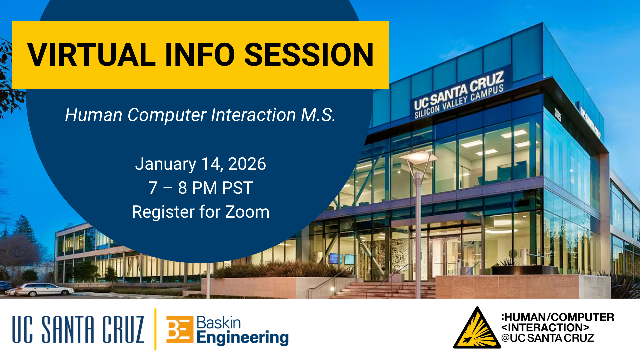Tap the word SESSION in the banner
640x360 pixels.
point(309,55)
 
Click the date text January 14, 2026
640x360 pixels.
point(200,164)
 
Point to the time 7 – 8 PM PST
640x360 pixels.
point(200,188)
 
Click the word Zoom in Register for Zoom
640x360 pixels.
point(247,212)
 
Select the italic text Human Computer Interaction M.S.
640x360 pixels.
point(200,115)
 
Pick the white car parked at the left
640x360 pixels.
point(43,289)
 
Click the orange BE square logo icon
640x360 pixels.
point(180,329)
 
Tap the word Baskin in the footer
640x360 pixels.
point(219,323)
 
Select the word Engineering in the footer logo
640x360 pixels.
point(242,338)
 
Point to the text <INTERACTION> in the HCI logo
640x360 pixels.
point(545,327)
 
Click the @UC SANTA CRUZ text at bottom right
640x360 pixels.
point(547,338)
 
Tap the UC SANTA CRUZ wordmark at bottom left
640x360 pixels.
point(78,329)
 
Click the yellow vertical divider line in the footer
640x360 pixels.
point(155,329)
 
